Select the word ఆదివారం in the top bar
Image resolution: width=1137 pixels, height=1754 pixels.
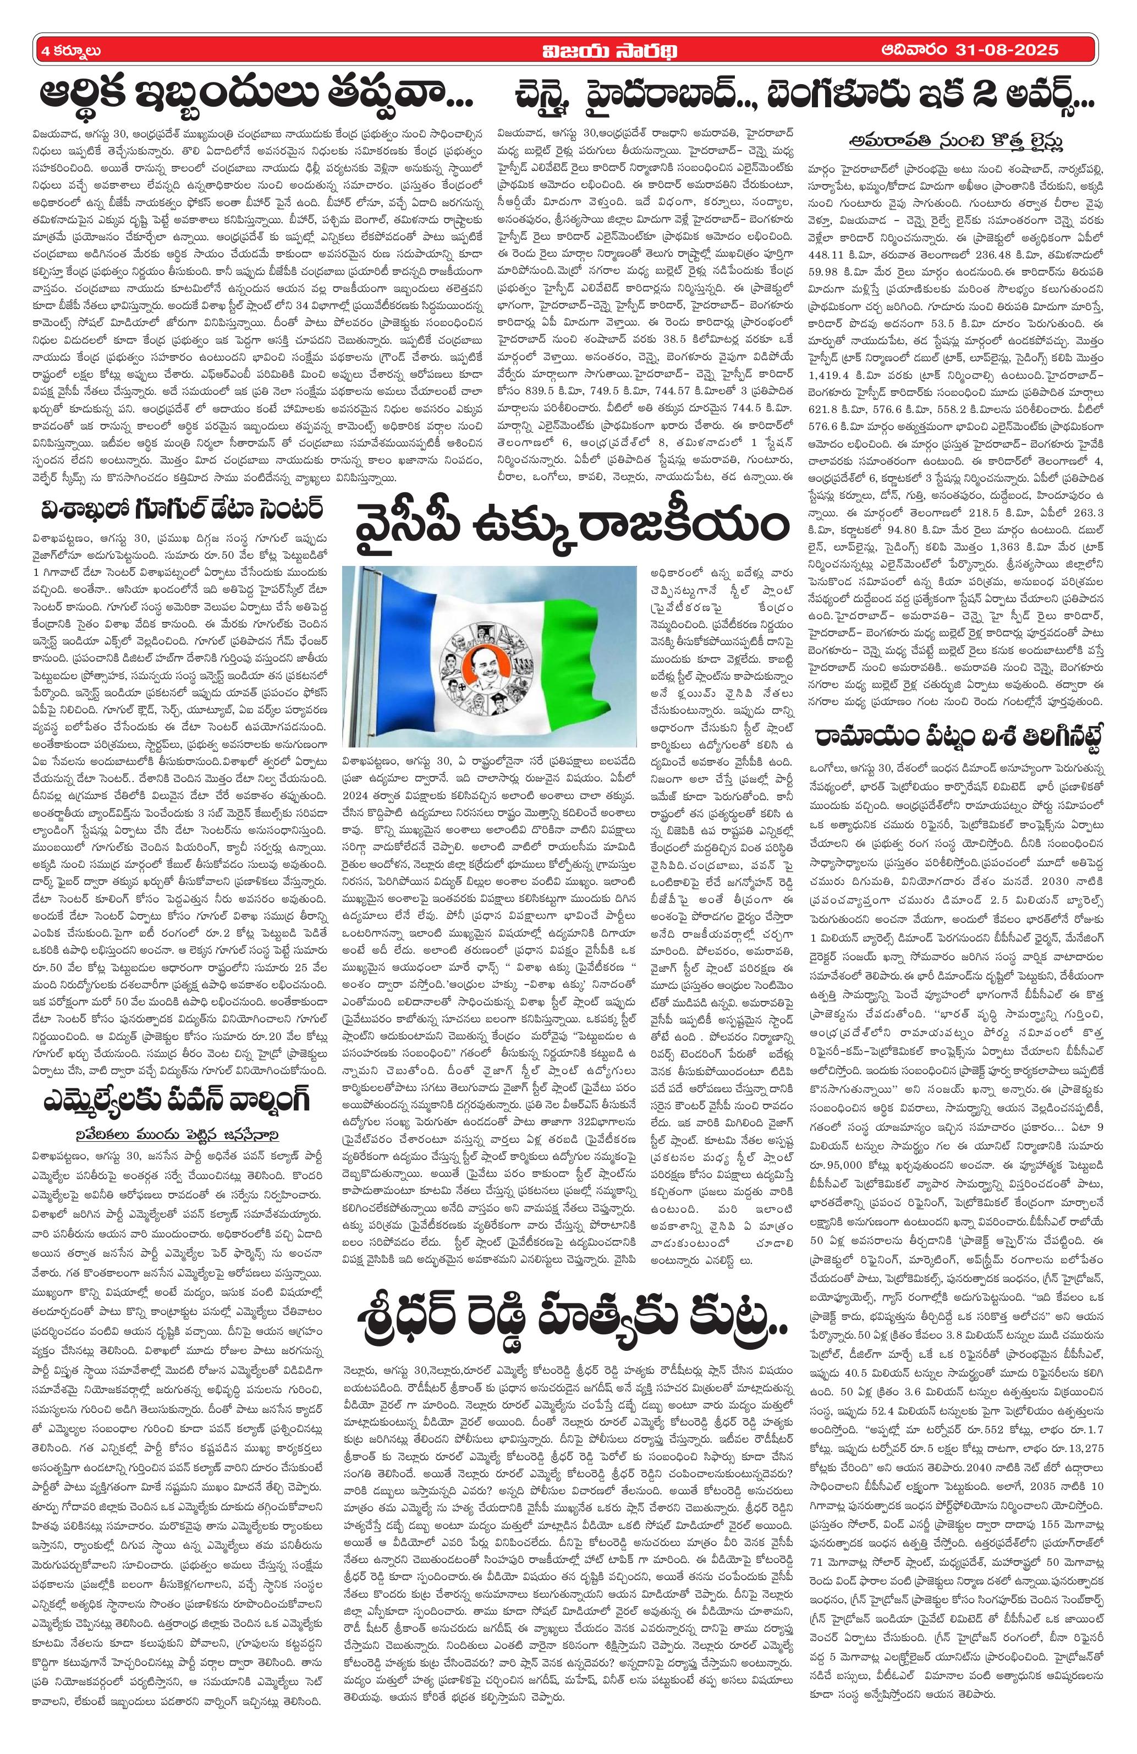914,50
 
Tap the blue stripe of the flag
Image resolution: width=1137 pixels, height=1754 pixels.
384,656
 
